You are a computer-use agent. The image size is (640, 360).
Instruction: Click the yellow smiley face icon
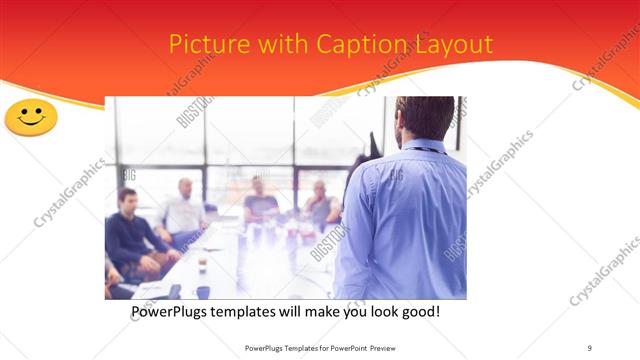[31, 117]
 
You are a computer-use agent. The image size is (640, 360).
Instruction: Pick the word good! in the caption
[418, 313]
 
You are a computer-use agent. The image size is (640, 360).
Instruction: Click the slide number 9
[589, 348]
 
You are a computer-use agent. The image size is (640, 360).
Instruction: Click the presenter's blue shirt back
[405, 220]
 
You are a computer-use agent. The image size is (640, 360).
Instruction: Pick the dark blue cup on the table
[203, 292]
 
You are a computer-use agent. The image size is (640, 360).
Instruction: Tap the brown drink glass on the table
[202, 265]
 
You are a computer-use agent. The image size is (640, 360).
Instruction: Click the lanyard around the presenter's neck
[420, 149]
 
